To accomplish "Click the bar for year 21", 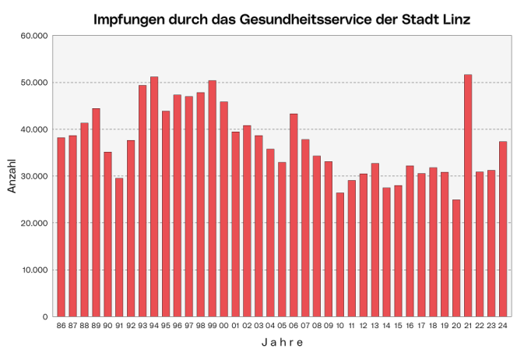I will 468,196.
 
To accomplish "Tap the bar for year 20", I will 456,258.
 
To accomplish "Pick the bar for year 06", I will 294,215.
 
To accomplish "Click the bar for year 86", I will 61,227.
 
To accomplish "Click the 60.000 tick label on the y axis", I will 33,36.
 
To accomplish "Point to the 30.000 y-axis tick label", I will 33,176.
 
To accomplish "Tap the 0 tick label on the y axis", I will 45,317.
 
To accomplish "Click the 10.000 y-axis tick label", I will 33,270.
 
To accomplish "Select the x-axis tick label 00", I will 223,326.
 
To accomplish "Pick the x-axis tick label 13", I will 375,326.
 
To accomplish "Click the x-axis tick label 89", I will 96,326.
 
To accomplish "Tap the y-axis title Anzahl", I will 12,176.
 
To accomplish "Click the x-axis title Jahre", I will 282,343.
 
